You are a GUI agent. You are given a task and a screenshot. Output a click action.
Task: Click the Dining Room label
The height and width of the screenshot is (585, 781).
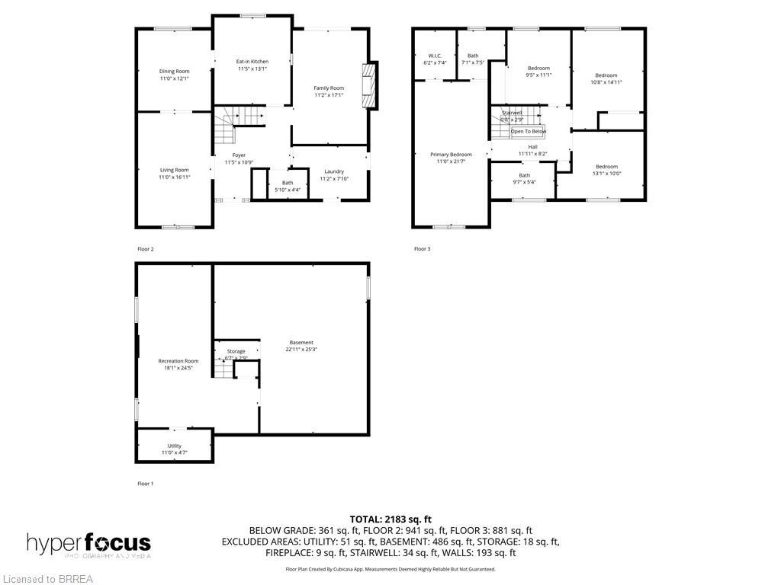click(174, 71)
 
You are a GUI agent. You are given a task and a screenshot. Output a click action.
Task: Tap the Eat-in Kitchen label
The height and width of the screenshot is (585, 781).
click(252, 61)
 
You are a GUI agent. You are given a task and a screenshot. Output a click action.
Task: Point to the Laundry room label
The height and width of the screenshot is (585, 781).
click(333, 171)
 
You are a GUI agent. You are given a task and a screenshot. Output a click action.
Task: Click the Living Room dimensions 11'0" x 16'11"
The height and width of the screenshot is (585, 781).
click(174, 177)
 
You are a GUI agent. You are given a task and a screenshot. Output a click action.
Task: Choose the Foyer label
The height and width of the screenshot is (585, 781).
click(239, 155)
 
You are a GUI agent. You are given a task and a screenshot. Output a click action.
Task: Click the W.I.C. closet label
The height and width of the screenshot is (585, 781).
click(435, 56)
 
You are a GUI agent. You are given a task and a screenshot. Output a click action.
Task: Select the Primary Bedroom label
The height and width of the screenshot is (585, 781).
click(450, 155)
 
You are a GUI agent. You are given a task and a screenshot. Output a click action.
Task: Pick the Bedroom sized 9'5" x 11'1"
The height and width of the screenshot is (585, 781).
click(538, 69)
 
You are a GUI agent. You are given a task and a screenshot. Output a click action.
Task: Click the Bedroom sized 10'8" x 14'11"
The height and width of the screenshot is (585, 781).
click(606, 75)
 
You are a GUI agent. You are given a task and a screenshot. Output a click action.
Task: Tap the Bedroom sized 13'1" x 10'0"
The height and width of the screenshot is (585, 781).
click(606, 167)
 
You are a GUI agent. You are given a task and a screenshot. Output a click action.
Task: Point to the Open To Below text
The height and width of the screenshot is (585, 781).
click(528, 132)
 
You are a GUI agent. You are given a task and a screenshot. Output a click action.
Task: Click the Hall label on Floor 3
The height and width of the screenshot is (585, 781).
click(532, 147)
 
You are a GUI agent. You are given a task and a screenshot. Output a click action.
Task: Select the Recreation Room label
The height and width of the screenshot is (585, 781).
click(178, 361)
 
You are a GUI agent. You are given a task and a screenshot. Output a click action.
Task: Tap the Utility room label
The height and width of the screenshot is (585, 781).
click(174, 446)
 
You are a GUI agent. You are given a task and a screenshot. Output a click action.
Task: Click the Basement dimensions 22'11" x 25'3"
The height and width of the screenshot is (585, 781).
click(301, 350)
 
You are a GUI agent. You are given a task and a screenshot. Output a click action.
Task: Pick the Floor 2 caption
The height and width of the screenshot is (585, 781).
click(145, 249)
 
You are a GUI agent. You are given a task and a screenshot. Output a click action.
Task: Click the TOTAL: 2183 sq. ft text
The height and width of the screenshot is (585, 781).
click(390, 519)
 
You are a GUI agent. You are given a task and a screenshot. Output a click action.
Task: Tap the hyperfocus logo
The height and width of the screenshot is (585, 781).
click(88, 544)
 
